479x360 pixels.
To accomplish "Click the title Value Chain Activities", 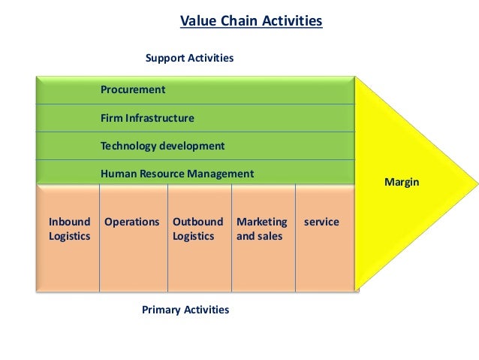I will pyautogui.click(x=251, y=21).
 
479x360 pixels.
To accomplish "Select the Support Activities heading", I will pyautogui.click(x=189, y=58).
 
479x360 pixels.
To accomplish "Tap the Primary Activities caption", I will pyautogui.click(x=185, y=310).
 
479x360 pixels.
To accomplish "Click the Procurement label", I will pyautogui.click(x=133, y=90).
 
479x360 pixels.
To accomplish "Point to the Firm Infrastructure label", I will pyautogui.click(x=147, y=118).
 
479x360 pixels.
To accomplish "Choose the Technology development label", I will pyautogui.click(x=162, y=146).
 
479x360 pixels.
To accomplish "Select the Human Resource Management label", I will pyautogui.click(x=177, y=174).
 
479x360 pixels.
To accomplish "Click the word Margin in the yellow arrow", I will pyautogui.click(x=402, y=183).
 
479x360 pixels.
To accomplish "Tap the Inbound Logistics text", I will pyautogui.click(x=69, y=229).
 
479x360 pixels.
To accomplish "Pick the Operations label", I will pyautogui.click(x=132, y=222).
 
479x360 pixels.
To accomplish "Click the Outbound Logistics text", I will pyautogui.click(x=197, y=229).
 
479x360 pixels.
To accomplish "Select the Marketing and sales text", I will pyautogui.click(x=261, y=229).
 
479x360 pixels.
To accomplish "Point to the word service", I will pyautogui.click(x=321, y=222).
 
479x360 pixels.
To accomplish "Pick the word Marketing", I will pyautogui.click(x=261, y=222).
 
